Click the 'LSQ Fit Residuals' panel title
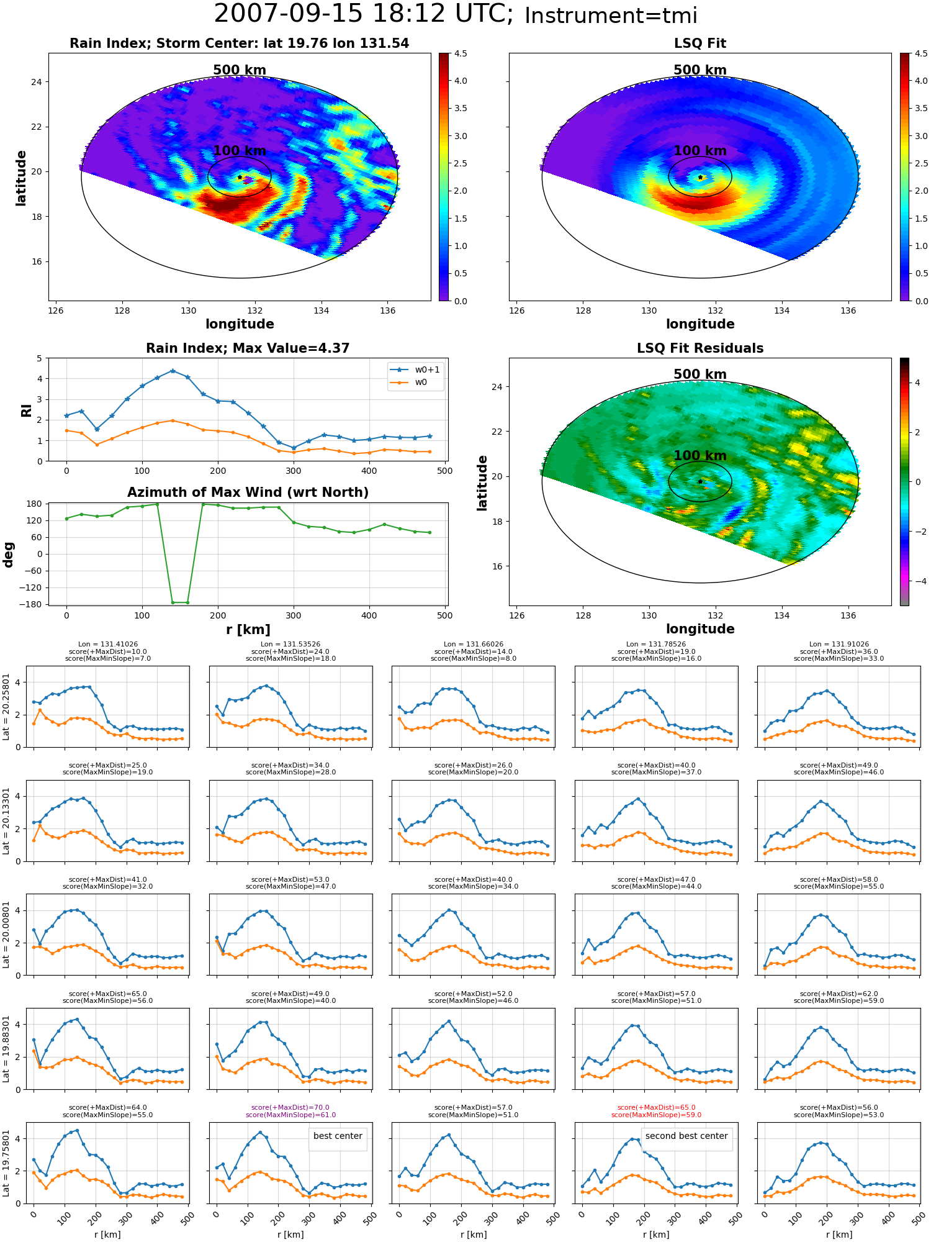pos(700,348)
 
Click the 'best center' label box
pos(338,1136)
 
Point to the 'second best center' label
pos(686,1136)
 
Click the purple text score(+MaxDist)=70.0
pos(290,1107)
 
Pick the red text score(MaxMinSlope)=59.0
pos(657,1115)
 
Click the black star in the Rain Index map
pos(240,177)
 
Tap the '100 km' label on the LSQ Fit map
pos(700,151)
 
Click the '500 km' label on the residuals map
pos(700,374)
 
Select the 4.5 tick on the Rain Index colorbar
pos(461,54)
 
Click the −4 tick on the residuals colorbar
pos(917,581)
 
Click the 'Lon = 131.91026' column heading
pos(839,645)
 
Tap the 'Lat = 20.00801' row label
pos(6,935)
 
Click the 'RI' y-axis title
pos(26,410)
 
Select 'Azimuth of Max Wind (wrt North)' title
pos(248,492)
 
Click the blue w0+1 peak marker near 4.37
pos(173,371)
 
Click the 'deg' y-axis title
pos(9,555)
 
